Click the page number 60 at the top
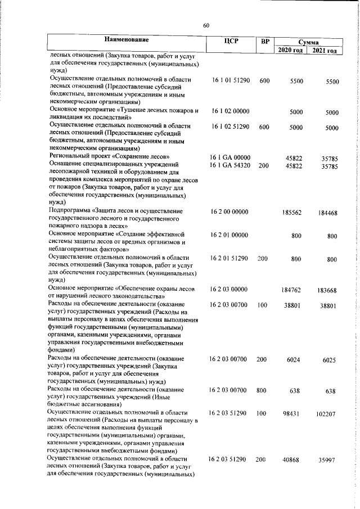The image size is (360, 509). coord(206,26)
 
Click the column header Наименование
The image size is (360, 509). coord(126,39)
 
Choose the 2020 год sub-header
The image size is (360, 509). coord(291,51)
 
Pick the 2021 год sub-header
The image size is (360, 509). coord(326,51)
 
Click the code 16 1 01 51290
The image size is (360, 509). coord(231,81)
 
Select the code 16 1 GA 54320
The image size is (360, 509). coord(231,166)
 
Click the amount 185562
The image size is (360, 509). coord(294,213)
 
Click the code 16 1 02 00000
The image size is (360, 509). coord(229,112)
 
